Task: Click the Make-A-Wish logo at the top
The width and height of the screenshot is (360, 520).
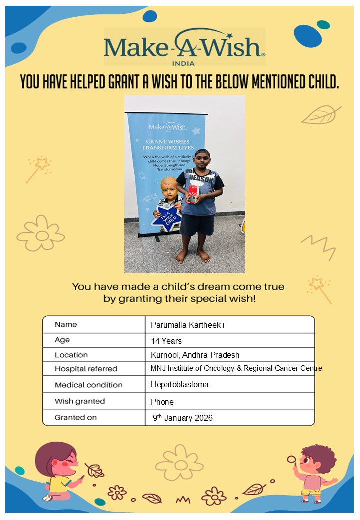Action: pos(184,46)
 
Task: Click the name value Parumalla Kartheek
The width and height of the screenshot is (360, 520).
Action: pos(187,325)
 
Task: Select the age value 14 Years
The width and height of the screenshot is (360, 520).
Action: pos(166,341)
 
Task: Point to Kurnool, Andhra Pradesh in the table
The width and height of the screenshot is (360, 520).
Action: pos(195,355)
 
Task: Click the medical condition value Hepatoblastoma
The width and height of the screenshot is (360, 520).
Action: pos(179,385)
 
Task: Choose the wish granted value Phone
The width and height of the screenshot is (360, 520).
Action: pos(162,402)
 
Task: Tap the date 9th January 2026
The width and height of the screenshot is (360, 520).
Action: pos(182,418)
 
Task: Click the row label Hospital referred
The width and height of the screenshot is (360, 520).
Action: pos(86,369)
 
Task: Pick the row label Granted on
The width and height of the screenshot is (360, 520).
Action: pos(76,417)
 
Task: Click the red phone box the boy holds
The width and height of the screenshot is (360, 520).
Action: pos(192,194)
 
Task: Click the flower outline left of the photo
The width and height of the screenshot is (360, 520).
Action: pos(41,234)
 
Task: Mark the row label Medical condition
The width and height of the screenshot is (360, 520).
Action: pos(88,385)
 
